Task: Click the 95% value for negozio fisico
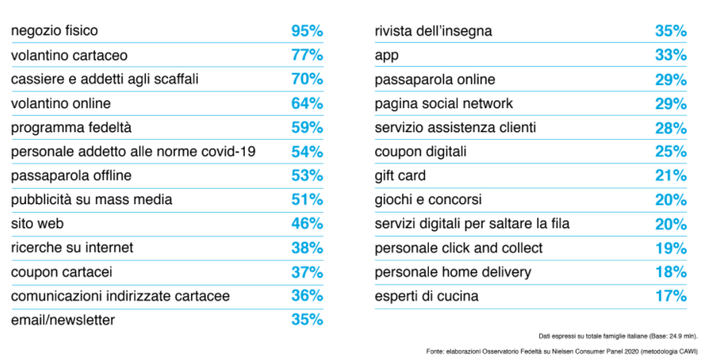pos(307,31)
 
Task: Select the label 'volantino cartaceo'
pos(69,55)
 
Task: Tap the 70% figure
pos(307,80)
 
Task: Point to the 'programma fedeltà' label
pos(66,127)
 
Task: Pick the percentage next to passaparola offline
pos(307,176)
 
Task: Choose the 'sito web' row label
pos(37,223)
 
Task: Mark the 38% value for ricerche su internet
pos(307,248)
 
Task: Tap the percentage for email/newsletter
pos(307,320)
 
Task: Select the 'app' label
pos(387,55)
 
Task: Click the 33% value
pos(671,55)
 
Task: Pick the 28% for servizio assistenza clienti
pos(671,127)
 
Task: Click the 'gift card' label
pos(400,176)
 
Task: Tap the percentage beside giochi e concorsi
pos(671,200)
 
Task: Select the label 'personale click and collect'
pos(458,248)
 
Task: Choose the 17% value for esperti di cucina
pos(671,296)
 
